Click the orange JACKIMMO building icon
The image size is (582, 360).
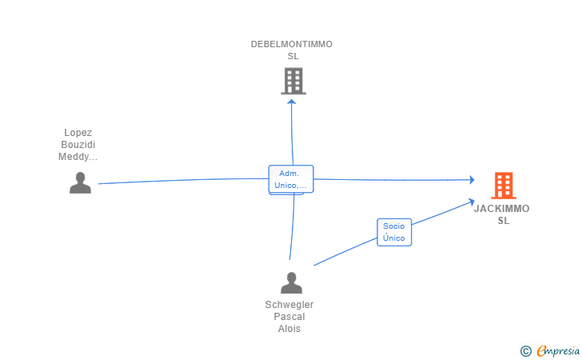point(504,186)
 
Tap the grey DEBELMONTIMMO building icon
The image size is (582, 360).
point(293,81)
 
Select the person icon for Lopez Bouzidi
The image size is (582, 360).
point(80,182)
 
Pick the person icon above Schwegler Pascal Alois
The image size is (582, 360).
point(291,282)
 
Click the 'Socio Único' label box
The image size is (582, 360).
point(394,232)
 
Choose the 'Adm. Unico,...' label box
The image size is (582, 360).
point(291,179)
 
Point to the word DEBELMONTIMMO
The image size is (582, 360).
point(292,44)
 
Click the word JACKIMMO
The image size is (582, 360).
point(502,209)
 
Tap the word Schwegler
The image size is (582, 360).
point(289,305)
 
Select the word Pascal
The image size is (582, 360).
point(289,317)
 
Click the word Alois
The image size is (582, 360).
point(289,329)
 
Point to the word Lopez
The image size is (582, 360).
point(78,133)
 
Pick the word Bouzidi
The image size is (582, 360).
point(78,145)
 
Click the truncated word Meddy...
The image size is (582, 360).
point(78,157)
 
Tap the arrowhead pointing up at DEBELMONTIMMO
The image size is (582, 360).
point(292,102)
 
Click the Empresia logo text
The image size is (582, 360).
point(558,350)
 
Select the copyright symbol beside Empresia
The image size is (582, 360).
point(526,351)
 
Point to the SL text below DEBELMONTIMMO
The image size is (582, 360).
point(293,56)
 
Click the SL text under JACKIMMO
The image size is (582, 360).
point(504,221)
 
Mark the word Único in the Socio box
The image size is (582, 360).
point(394,238)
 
